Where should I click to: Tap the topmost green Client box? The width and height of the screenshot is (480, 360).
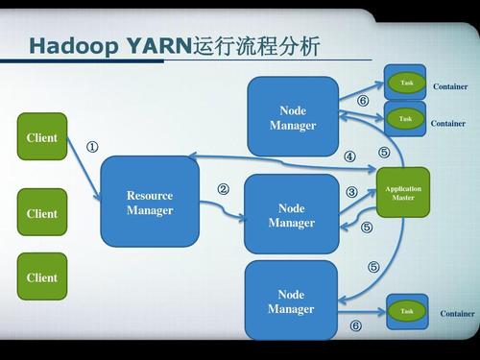click(42, 137)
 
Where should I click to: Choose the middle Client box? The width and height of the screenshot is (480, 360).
click(42, 213)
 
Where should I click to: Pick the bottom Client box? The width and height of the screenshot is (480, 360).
click(42, 277)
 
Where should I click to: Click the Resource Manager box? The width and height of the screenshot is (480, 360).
click(150, 203)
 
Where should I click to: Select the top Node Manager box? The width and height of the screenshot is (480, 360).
click(292, 117)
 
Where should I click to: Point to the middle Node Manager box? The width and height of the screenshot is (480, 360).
click(291, 215)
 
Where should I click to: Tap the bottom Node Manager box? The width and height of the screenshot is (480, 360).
click(291, 300)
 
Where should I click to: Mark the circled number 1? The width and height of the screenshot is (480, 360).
click(92, 148)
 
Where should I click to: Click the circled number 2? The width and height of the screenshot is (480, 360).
click(223, 189)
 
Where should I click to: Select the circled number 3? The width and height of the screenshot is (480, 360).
click(351, 192)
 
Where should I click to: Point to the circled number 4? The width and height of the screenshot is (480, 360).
click(349, 156)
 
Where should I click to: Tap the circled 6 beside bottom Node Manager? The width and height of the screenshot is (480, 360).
click(355, 326)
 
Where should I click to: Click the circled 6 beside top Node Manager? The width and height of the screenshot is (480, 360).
click(363, 100)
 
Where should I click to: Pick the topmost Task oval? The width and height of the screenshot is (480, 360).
click(406, 84)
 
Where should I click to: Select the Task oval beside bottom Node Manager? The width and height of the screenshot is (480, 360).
click(407, 311)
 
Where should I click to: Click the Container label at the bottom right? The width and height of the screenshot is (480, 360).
click(457, 314)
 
